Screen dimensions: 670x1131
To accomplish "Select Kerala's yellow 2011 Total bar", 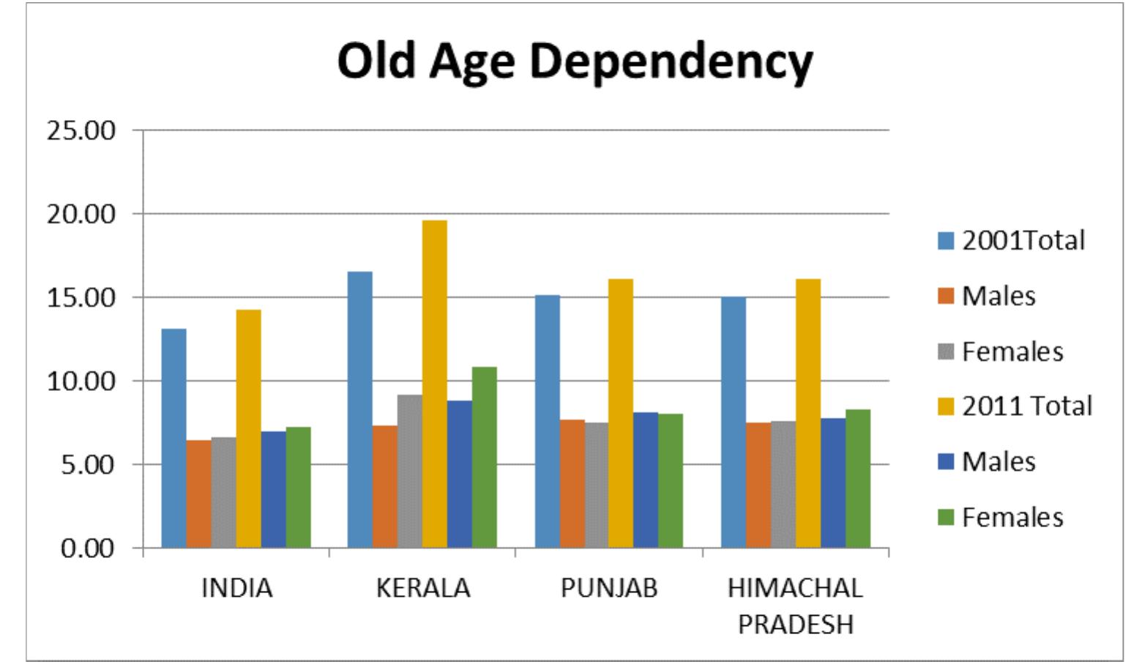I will (x=435, y=384).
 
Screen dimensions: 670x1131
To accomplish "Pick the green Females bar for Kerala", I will (x=484, y=457).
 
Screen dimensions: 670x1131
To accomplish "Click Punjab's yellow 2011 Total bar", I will (x=621, y=413).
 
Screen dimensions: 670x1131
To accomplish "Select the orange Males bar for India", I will (x=198, y=494).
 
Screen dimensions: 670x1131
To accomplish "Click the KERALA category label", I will (x=423, y=588).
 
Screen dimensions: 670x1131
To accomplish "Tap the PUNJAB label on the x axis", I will (x=609, y=588).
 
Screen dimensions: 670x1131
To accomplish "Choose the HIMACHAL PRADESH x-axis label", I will (x=796, y=606).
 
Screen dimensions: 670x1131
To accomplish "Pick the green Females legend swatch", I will (x=946, y=518).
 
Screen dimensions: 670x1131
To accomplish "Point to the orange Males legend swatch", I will (x=946, y=297).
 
